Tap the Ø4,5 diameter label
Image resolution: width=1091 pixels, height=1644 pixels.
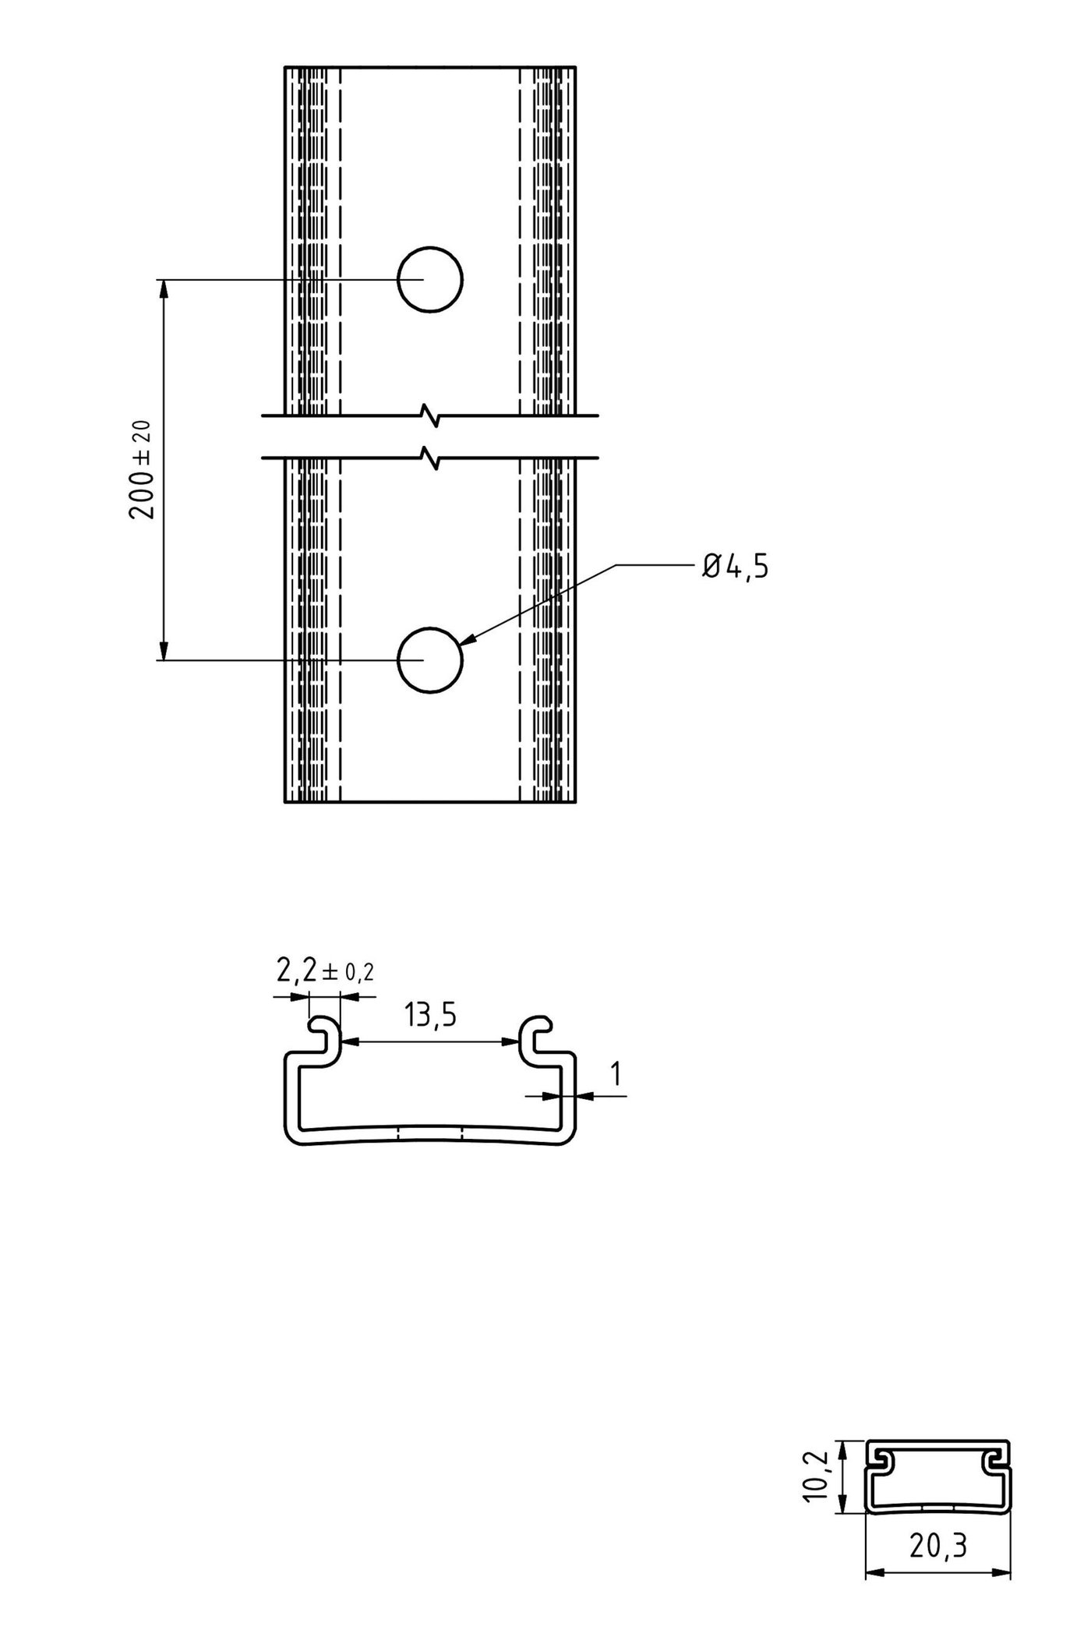(735, 567)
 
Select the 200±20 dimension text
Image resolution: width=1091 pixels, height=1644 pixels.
(143, 469)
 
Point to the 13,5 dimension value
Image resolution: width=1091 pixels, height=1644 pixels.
(429, 1016)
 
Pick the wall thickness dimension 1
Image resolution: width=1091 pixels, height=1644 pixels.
(616, 1074)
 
